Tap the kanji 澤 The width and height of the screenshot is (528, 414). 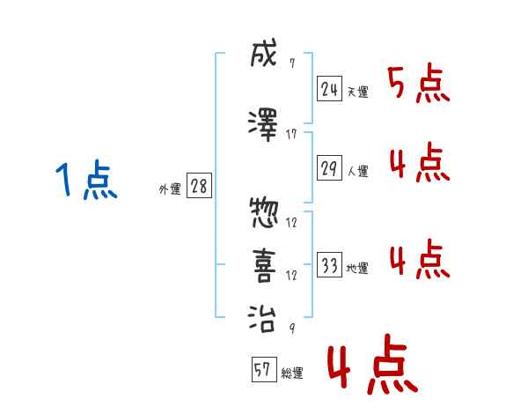click(x=264, y=124)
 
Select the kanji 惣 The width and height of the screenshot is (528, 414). click(x=264, y=212)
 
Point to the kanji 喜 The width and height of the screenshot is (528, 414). click(x=264, y=265)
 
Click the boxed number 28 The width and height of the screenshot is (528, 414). click(x=199, y=186)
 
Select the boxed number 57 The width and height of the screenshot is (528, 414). click(x=263, y=370)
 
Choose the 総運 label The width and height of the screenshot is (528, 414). click(x=291, y=373)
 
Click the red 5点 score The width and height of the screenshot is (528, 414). click(x=418, y=85)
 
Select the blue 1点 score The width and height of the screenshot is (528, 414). click(x=85, y=181)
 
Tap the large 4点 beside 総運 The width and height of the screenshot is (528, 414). click(x=370, y=367)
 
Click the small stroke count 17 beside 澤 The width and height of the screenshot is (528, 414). click(x=291, y=134)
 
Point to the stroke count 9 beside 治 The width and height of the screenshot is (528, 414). click(x=291, y=328)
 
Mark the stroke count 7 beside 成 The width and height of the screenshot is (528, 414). click(x=291, y=63)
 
